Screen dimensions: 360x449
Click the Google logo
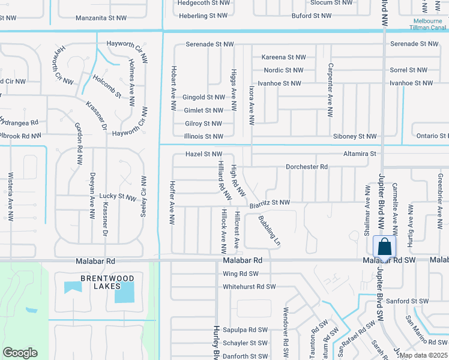[20, 353]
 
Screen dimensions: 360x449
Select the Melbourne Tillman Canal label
[427, 24]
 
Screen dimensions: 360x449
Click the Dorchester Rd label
[307, 166]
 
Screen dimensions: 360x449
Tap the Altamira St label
[360, 154]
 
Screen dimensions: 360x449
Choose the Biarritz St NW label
[270, 203]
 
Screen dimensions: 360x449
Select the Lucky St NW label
[118, 196]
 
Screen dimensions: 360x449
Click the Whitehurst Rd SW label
[249, 287]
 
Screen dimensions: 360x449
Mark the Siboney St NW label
[354, 137]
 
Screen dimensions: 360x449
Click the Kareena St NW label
[283, 57]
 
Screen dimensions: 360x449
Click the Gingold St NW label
[203, 97]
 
